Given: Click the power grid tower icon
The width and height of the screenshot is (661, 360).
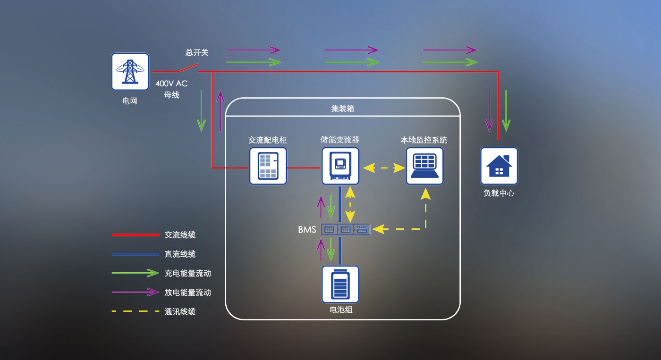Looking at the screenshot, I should coord(130,71).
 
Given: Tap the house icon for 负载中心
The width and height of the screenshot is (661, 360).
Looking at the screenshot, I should coord(499,166).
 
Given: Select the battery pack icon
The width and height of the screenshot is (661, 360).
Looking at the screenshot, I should coord(340,284).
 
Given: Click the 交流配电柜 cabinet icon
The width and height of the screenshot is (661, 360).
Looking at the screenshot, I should coord(268,166).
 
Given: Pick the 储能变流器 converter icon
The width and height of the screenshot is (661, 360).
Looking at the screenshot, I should coord(340,166).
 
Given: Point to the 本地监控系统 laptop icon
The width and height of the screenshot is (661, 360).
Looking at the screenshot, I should coord(424,166).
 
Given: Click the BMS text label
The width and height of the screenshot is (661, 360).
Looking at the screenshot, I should coord(307,230).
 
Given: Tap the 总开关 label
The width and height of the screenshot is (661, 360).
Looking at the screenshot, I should coord(197,52).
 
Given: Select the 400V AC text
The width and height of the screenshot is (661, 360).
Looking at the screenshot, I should coord(171,84).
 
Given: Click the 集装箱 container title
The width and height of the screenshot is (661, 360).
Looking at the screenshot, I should coord(342,109).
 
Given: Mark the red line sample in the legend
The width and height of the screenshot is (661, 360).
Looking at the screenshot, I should coord(135,234).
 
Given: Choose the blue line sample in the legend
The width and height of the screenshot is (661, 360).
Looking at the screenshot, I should coord(135,254).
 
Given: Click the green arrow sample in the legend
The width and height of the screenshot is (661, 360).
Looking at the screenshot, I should coord(135,273).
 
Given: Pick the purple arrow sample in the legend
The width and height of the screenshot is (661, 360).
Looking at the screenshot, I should coord(135,293).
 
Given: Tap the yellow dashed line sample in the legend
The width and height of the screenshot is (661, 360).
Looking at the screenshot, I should coord(135,311).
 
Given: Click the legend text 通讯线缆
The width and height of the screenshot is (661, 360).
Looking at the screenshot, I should coord(180,311).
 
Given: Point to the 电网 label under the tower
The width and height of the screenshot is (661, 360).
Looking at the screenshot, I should coord(129,100).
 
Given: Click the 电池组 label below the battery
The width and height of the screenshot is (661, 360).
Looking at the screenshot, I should coord(340,310).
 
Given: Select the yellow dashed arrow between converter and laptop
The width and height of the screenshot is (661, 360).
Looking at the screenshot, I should coord(384,167).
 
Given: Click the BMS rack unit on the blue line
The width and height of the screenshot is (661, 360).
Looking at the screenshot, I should coord(346,229).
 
